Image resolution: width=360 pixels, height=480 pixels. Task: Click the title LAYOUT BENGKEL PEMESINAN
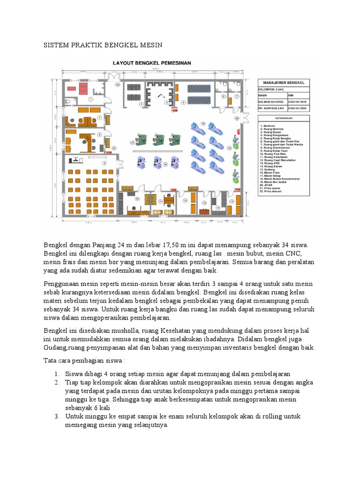(x=150, y=62)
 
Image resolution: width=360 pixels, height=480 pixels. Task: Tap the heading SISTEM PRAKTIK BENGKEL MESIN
(x=103, y=45)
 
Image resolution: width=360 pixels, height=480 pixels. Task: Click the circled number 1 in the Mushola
(x=91, y=100)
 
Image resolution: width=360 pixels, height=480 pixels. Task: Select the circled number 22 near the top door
(x=118, y=85)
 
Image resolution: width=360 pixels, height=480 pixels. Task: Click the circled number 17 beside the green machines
(x=133, y=142)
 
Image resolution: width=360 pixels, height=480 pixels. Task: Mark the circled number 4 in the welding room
(x=165, y=102)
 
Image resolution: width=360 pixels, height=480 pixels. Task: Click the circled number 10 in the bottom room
(x=137, y=199)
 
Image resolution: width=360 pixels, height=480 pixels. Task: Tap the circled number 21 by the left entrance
(x=114, y=148)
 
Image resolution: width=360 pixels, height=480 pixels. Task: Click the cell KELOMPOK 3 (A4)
(x=270, y=88)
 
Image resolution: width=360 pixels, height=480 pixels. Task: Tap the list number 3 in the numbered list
(x=56, y=416)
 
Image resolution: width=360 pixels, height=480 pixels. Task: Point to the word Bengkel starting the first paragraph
(x=55, y=245)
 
